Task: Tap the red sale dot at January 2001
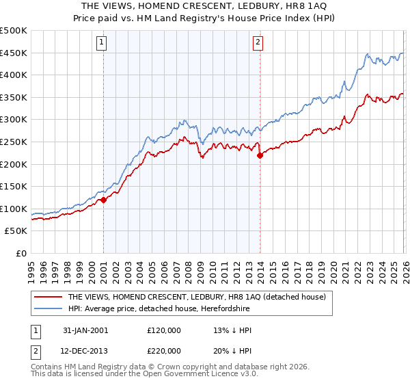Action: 103,200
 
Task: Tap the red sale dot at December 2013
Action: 260,156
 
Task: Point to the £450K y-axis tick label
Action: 14,53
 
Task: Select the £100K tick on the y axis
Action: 14,209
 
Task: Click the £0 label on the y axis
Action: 21,254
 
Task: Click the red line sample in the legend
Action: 48,297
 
